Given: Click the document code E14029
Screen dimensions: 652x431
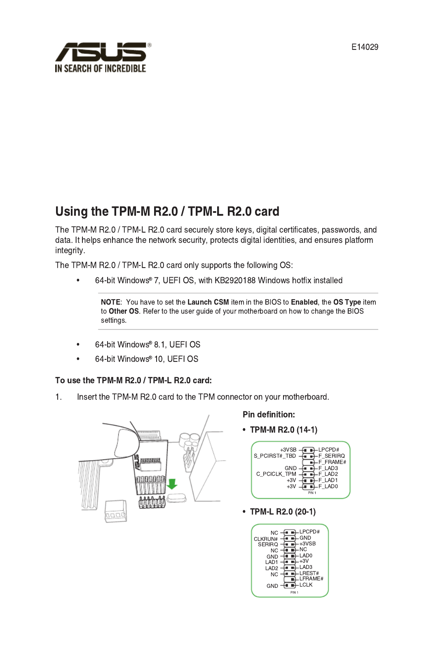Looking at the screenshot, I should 364,47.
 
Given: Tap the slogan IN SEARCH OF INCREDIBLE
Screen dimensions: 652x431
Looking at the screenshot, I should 101,68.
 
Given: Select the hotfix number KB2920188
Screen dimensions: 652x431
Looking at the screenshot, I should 235,280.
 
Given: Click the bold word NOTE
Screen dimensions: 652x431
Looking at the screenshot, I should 110,302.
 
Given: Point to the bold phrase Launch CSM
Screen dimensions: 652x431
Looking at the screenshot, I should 208,302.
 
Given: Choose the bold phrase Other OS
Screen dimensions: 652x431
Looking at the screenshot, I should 124,311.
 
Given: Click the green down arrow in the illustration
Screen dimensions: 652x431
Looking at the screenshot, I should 172,484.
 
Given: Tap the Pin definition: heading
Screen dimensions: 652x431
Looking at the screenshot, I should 269,414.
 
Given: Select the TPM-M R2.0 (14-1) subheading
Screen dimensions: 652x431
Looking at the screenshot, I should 283,430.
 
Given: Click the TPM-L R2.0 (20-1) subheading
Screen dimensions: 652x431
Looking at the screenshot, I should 283,512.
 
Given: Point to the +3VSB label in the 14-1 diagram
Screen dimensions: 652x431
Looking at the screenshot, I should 288,450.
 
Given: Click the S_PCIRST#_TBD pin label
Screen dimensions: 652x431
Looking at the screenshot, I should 275,456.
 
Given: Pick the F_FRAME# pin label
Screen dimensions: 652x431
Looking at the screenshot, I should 332,462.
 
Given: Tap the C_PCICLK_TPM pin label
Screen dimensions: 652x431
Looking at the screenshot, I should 276,474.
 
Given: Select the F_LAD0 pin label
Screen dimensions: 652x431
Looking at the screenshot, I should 328,487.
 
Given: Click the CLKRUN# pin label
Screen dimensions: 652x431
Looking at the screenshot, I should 266,539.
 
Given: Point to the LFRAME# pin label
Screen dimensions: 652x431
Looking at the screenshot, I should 311,579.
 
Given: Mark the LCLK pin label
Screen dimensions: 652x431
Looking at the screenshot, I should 306,585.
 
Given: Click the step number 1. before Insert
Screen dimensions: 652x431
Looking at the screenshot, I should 59,397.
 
